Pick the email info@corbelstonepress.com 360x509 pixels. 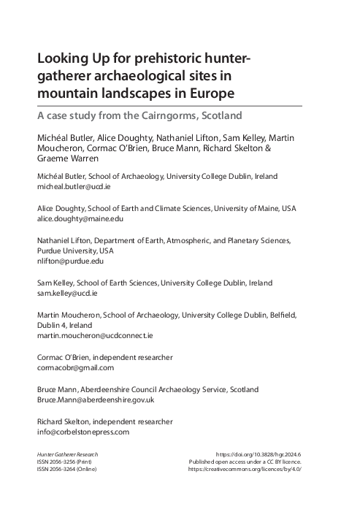pyautogui.click(x=83, y=432)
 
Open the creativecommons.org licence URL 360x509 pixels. pyautogui.click(x=245, y=470)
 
